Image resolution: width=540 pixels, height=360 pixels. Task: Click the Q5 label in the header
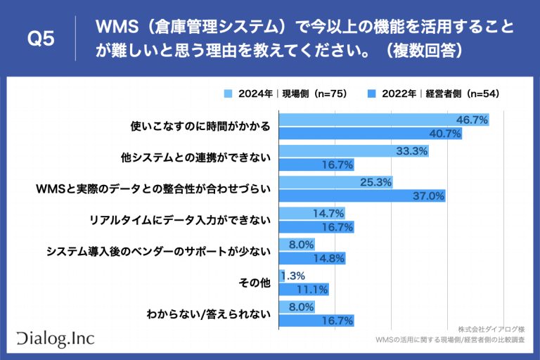coord(40,39)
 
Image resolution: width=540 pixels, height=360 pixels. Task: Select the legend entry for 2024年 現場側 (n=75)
coord(285,93)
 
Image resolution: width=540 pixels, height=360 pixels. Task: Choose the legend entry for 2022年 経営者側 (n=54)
coord(430,93)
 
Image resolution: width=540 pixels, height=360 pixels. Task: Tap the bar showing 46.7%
coord(383,120)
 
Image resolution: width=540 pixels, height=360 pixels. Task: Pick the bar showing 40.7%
coord(370,133)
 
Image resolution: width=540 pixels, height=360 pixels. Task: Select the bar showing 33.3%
coord(354,151)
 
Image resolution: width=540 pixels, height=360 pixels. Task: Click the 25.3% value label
coord(376,182)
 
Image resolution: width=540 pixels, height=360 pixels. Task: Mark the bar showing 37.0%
coord(362,195)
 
